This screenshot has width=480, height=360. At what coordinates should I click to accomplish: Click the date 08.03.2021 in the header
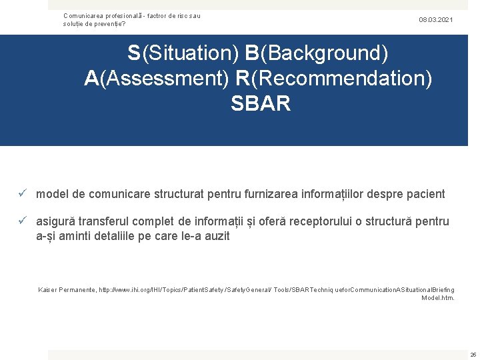pos(435,20)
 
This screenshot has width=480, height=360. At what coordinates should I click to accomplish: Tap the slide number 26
pos(473,354)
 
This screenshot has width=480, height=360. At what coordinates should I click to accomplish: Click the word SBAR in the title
pos(261,104)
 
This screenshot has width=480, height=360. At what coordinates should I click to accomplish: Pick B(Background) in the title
pos(317,52)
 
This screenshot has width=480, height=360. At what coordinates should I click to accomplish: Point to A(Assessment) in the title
pos(157,78)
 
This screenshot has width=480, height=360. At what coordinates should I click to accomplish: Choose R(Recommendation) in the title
pos(333,78)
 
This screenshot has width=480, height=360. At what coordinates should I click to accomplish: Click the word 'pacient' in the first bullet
pos(423,194)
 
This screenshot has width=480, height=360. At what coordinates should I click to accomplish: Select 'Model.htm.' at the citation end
pos(438,298)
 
